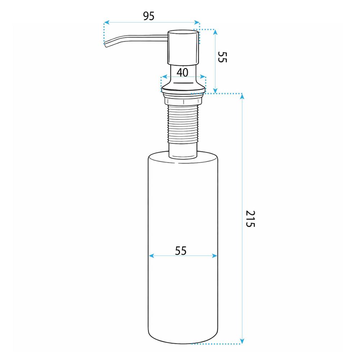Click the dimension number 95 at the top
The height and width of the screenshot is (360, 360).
click(x=149, y=16)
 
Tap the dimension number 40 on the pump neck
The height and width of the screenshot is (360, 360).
click(x=183, y=73)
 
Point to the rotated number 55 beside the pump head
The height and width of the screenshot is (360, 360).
click(x=222, y=57)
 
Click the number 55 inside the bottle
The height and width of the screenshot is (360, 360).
click(x=181, y=251)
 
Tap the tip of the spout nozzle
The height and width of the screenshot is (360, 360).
click(x=105, y=45)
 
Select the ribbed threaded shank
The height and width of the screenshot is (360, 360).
click(x=183, y=124)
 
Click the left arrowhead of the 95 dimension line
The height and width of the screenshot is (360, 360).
click(x=106, y=22)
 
